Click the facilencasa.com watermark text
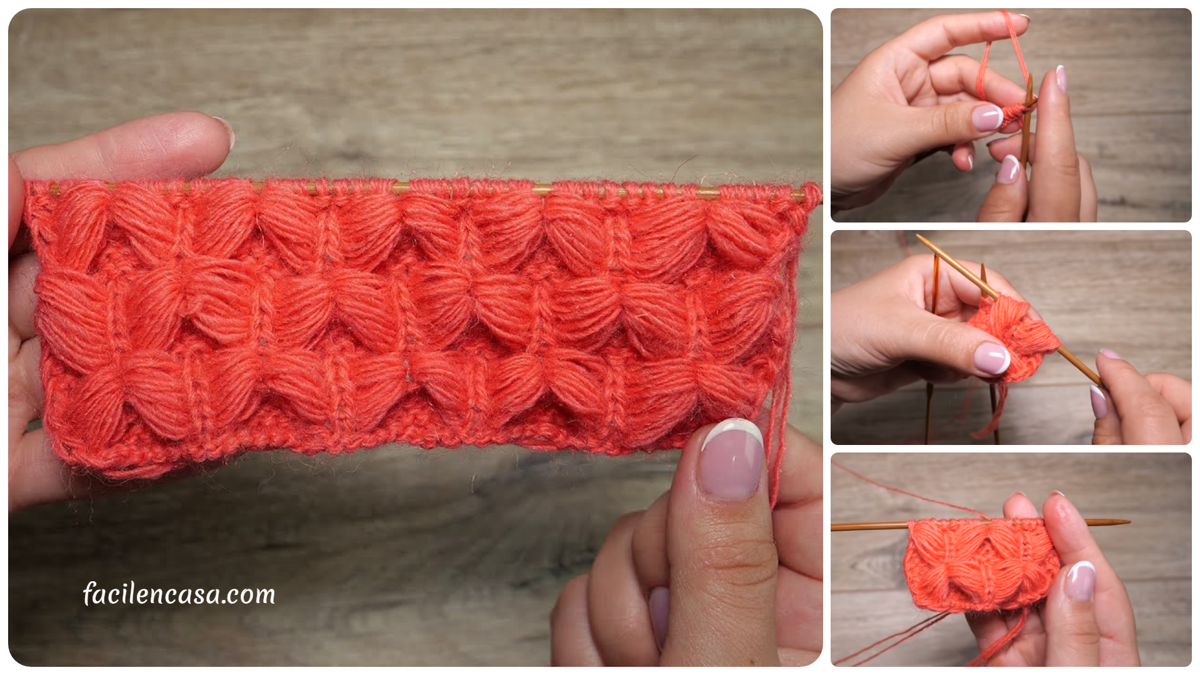pos(179,594)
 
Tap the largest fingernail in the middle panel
pos(992,357)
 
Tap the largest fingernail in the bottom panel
pos(1081,581)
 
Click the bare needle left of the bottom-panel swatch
pos(869,526)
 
